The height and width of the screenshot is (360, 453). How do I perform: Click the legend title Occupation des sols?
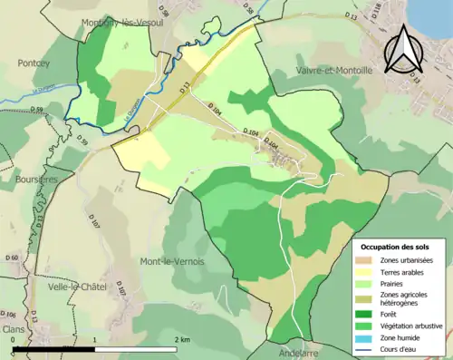pos(396,246)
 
